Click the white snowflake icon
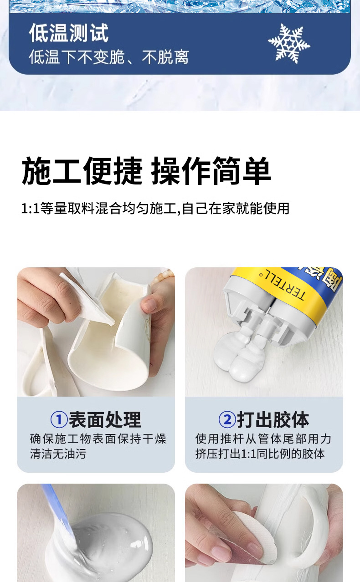(289, 43)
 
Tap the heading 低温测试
(69, 33)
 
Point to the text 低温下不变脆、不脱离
(109, 57)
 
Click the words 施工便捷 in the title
(82, 171)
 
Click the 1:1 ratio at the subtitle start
(30, 209)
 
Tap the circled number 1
(59, 419)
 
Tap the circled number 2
(227, 419)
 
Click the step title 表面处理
(105, 419)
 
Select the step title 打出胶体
(273, 419)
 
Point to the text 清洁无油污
(58, 454)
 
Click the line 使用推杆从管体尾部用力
(263, 439)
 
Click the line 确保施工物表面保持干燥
(98, 439)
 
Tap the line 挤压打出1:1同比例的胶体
(260, 454)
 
